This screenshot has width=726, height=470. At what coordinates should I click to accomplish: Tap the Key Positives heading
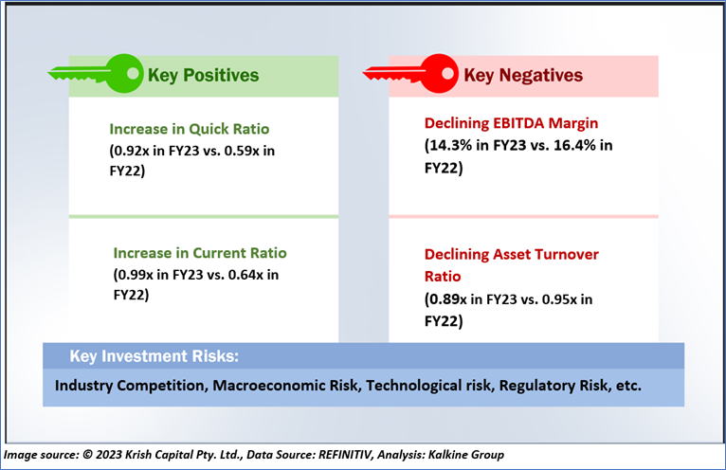(x=203, y=75)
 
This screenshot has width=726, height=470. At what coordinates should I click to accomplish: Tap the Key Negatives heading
(x=523, y=75)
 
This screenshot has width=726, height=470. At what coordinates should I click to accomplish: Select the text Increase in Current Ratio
(x=200, y=253)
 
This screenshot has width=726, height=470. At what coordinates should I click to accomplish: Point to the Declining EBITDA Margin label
(x=512, y=124)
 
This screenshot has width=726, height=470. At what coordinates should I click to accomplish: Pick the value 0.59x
(x=238, y=150)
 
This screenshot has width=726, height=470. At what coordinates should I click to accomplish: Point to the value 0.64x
(x=242, y=275)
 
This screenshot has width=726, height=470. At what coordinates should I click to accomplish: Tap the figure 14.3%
(x=451, y=146)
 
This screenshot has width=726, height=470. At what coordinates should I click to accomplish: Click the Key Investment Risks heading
(x=154, y=356)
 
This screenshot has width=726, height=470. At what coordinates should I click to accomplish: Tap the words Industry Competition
(x=130, y=386)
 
